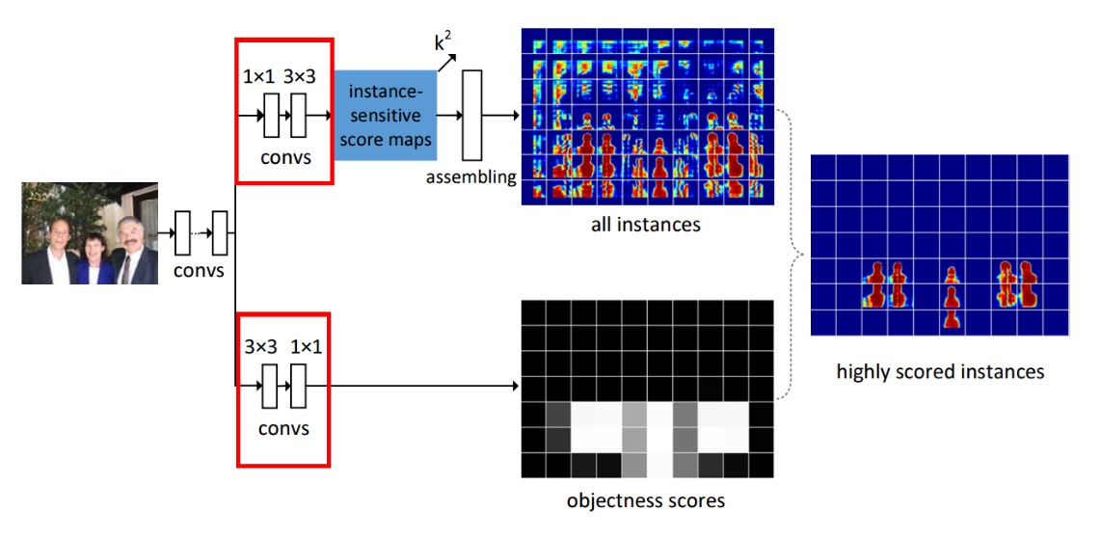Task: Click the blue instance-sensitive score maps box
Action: click(x=386, y=115)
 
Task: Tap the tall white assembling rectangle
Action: click(x=471, y=115)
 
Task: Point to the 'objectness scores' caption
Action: click(x=645, y=500)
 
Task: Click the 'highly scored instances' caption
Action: click(x=939, y=371)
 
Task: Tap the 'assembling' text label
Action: click(x=471, y=176)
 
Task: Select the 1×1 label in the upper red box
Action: click(x=257, y=76)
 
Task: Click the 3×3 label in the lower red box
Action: click(x=259, y=346)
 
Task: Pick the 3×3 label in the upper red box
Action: click(x=300, y=76)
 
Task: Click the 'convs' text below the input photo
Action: click(x=201, y=269)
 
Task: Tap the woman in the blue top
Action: click(x=94, y=258)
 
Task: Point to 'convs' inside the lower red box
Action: click(x=283, y=427)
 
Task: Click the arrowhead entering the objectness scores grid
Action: click(x=516, y=386)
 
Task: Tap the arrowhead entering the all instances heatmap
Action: click(x=516, y=115)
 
